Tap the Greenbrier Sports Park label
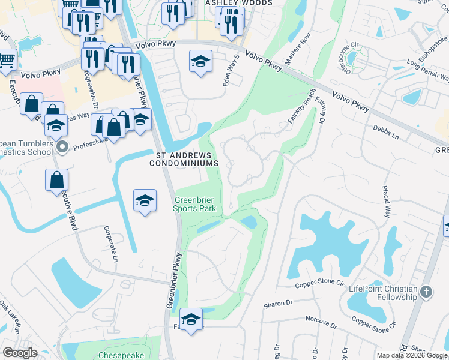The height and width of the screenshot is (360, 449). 194,204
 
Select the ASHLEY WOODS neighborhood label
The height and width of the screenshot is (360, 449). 239,3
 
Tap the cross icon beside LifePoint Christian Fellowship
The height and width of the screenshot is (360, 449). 426,292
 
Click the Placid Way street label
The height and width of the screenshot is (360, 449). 387,202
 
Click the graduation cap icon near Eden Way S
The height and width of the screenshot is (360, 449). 200,61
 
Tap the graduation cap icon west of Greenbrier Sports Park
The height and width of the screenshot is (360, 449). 145,200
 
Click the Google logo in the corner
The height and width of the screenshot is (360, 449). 20,353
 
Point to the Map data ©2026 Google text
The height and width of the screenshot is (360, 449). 412,355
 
